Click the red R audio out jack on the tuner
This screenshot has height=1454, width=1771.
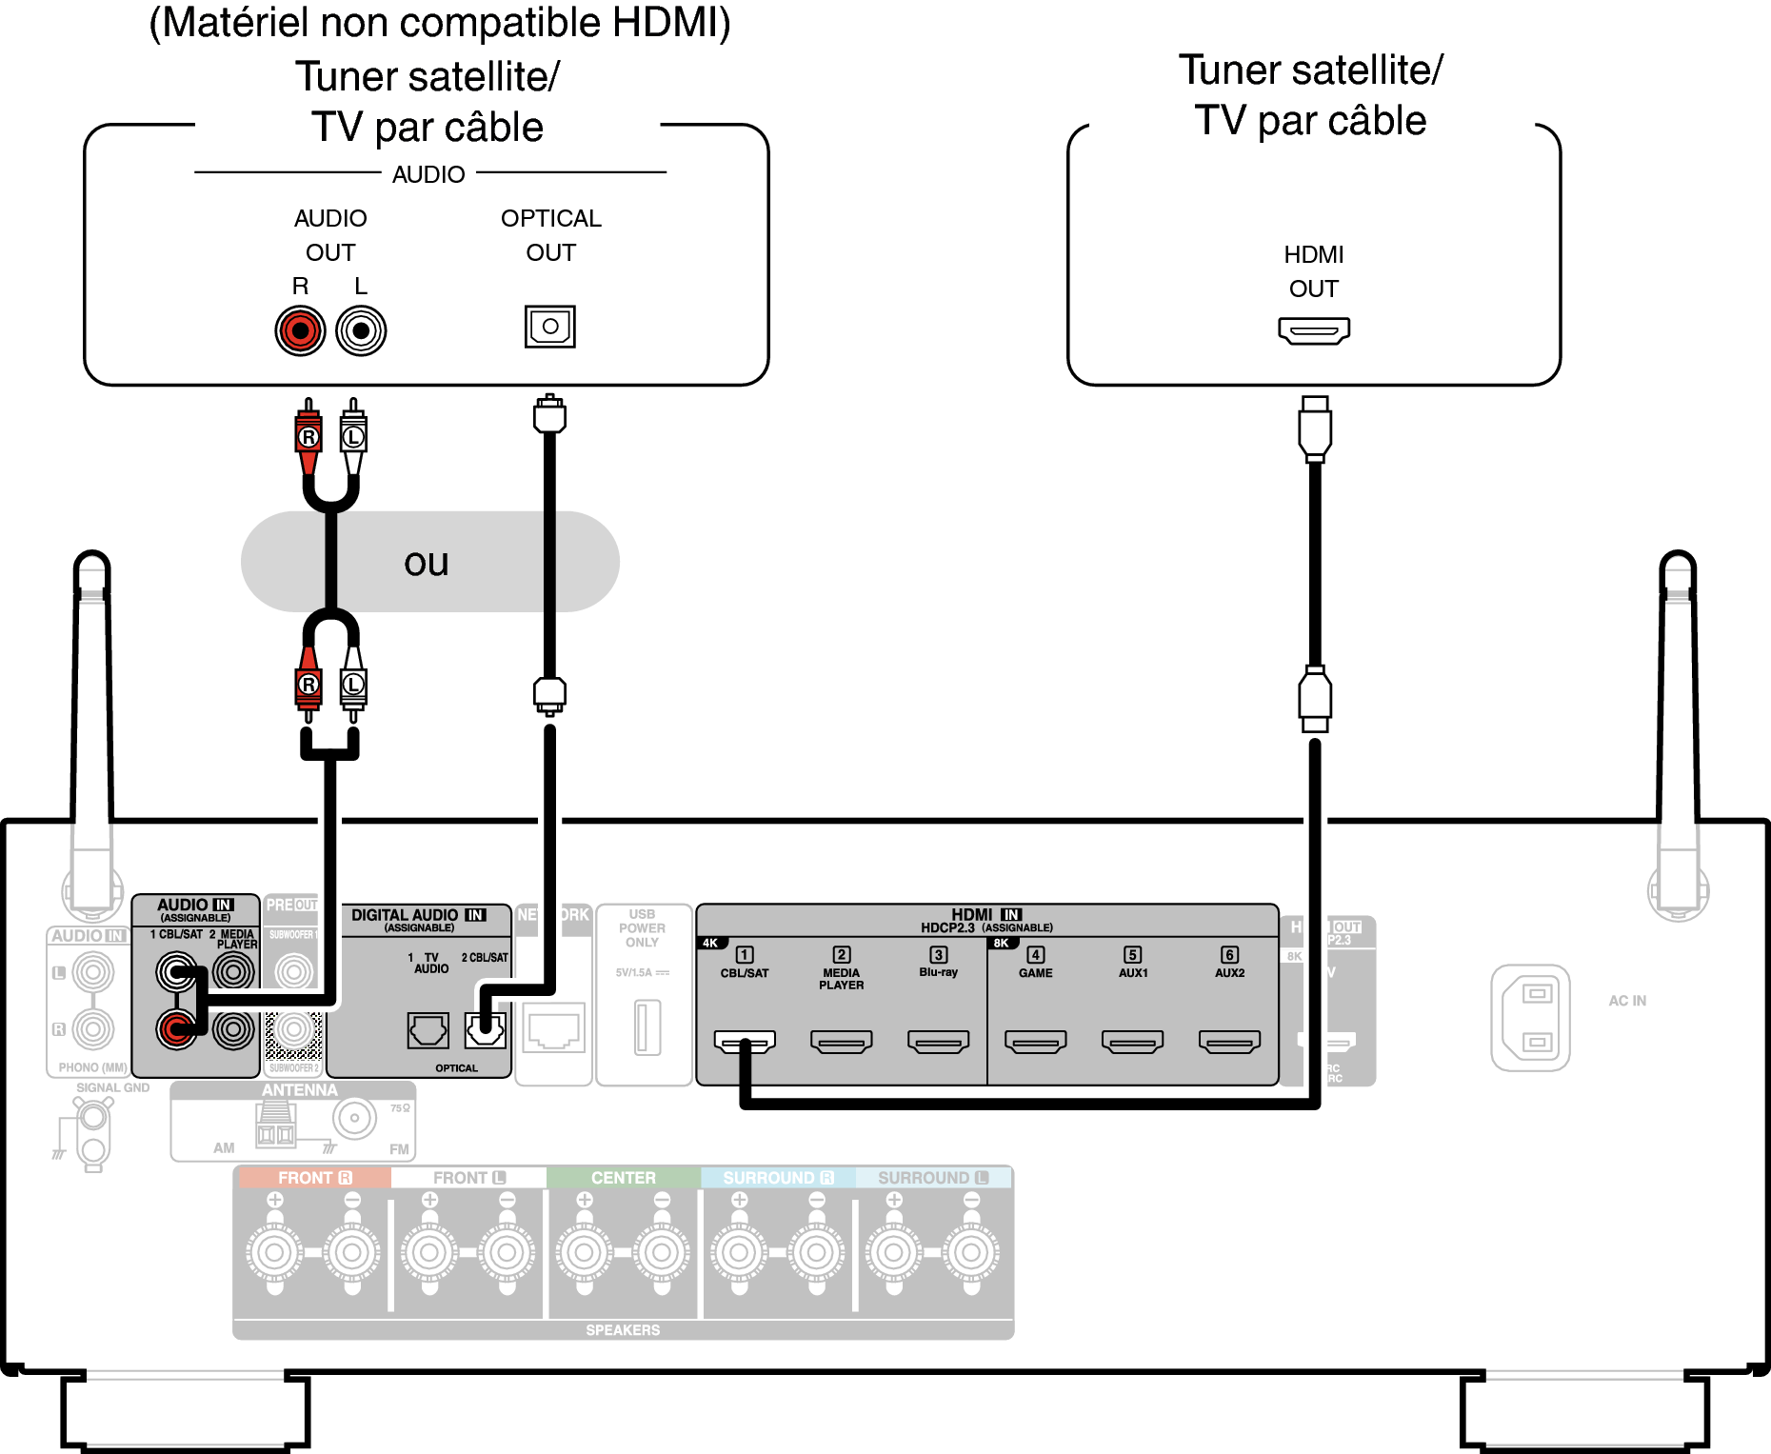(300, 330)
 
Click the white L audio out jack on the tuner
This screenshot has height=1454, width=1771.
(361, 330)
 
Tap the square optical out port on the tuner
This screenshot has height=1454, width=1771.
(549, 327)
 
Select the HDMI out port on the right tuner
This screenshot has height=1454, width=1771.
(1314, 331)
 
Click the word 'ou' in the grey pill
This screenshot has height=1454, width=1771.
(426, 563)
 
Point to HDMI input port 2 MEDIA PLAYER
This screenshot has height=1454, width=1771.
(842, 1042)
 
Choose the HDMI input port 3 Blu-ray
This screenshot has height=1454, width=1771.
(939, 1042)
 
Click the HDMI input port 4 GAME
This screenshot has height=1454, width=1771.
(1036, 1042)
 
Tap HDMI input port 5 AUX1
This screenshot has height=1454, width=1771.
(1133, 1042)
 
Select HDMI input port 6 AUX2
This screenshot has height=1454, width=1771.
(1229, 1042)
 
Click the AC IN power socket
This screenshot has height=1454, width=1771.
(1530, 1018)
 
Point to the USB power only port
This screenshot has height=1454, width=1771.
(647, 1026)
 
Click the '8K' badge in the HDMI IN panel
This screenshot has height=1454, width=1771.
(1001, 944)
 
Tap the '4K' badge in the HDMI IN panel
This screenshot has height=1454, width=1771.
(710, 944)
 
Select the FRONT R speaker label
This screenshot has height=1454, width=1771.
(314, 1178)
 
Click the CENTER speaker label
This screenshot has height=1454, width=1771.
(623, 1178)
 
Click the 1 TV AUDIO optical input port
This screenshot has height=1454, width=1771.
(428, 1029)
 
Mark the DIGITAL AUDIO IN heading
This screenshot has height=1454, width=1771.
(418, 915)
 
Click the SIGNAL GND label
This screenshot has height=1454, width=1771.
(112, 1087)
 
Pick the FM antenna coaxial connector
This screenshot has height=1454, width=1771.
(355, 1118)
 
